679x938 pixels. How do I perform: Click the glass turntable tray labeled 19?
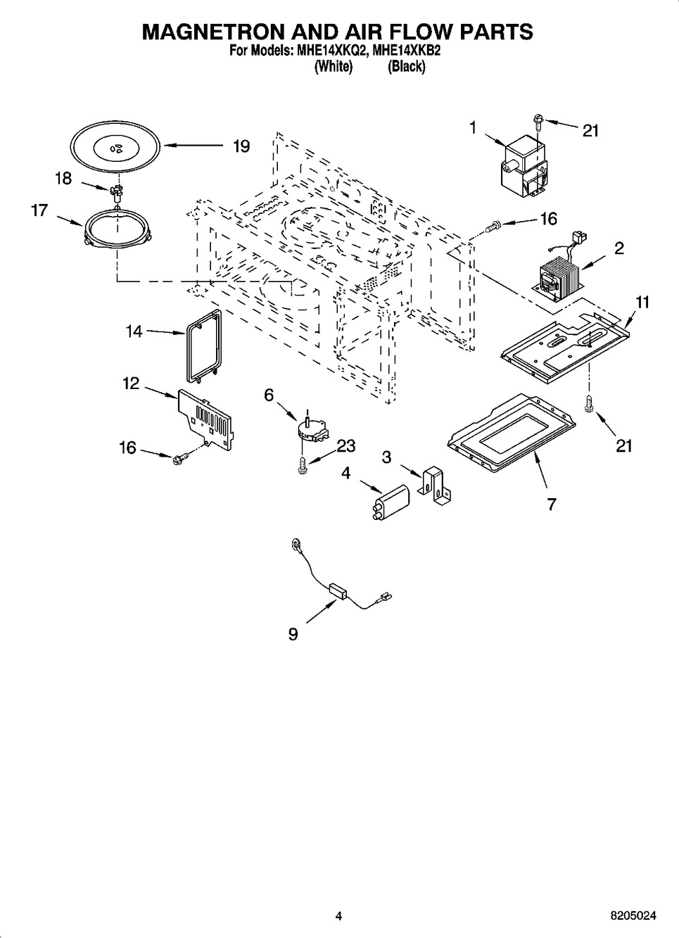115,146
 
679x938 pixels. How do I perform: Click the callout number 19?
241,146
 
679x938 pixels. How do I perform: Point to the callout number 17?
39,210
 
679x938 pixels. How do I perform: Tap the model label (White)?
333,67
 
